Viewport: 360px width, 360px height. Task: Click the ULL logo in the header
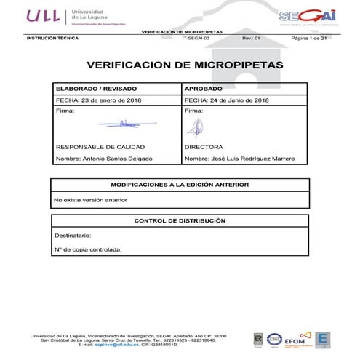pyautogui.click(x=44, y=15)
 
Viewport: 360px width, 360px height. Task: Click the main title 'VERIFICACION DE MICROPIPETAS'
pyautogui.click(x=180, y=65)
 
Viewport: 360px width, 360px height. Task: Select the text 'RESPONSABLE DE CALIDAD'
pyautogui.click(x=96, y=146)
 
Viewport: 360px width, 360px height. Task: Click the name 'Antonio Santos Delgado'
pyautogui.click(x=111, y=158)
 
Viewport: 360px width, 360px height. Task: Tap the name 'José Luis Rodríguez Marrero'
pyautogui.click(x=248, y=158)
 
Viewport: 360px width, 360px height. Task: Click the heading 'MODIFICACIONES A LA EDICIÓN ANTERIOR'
pyautogui.click(x=179, y=185)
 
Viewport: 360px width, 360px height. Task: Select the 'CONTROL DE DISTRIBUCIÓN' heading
pyautogui.click(x=180, y=220)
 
